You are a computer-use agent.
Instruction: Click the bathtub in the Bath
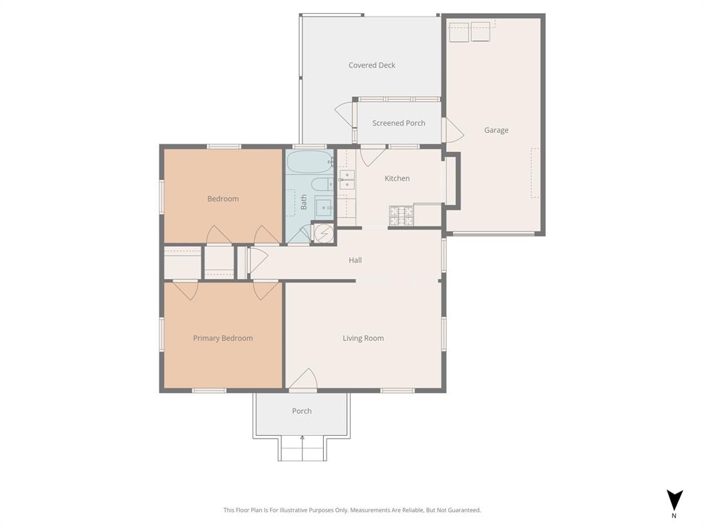click(309, 162)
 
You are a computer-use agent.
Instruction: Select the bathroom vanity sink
click(322, 206)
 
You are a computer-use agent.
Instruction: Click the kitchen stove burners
click(401, 216)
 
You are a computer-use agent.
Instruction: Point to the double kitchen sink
click(347, 179)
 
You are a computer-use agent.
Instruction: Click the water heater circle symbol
click(322, 233)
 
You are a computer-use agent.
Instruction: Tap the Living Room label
click(363, 338)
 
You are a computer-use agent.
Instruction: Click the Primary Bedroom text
click(223, 338)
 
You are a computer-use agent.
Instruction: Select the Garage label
click(496, 130)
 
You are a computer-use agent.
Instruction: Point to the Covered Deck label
click(371, 65)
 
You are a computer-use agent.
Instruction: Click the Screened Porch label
click(399, 123)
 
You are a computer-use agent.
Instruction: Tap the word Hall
click(355, 260)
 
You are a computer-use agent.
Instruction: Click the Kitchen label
click(397, 178)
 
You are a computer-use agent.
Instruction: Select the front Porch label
click(302, 411)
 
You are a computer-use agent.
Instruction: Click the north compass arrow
click(674, 500)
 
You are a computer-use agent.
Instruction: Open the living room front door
click(302, 380)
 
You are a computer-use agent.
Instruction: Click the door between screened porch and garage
click(452, 131)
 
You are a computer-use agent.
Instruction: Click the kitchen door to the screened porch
click(372, 156)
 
